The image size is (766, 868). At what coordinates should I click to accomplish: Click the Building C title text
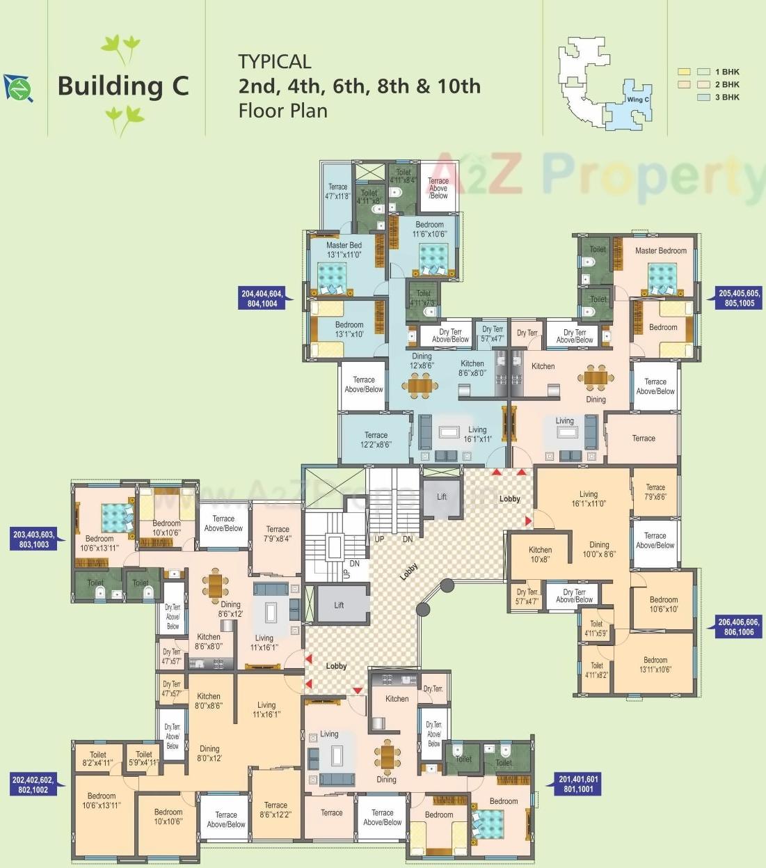click(123, 86)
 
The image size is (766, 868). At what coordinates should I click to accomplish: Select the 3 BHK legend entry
click(726, 97)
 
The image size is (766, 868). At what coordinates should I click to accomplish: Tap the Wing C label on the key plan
click(637, 100)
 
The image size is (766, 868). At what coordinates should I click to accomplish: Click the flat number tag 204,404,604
click(262, 299)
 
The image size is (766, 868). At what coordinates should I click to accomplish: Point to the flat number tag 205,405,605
click(740, 299)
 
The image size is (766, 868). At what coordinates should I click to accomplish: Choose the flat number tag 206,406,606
click(739, 627)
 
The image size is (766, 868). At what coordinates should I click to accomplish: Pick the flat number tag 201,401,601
click(577, 784)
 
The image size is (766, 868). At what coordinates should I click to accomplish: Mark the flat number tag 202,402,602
click(33, 785)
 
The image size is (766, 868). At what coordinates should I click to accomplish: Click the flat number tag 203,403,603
click(34, 539)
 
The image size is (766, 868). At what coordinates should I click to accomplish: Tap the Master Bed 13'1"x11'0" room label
click(344, 250)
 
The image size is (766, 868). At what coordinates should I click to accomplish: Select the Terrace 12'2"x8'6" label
click(376, 439)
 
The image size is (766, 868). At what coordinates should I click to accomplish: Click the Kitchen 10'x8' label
click(540, 555)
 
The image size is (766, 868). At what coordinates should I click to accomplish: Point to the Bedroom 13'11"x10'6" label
click(655, 665)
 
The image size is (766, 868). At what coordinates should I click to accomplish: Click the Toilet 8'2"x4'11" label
click(97, 759)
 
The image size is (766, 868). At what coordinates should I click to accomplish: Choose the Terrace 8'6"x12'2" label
click(276, 810)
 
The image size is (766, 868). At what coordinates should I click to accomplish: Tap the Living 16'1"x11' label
click(477, 434)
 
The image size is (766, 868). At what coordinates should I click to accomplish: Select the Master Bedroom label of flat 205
click(660, 251)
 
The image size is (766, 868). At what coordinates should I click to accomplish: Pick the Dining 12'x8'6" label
click(422, 361)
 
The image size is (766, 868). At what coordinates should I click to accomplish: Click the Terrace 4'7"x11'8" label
click(337, 191)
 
